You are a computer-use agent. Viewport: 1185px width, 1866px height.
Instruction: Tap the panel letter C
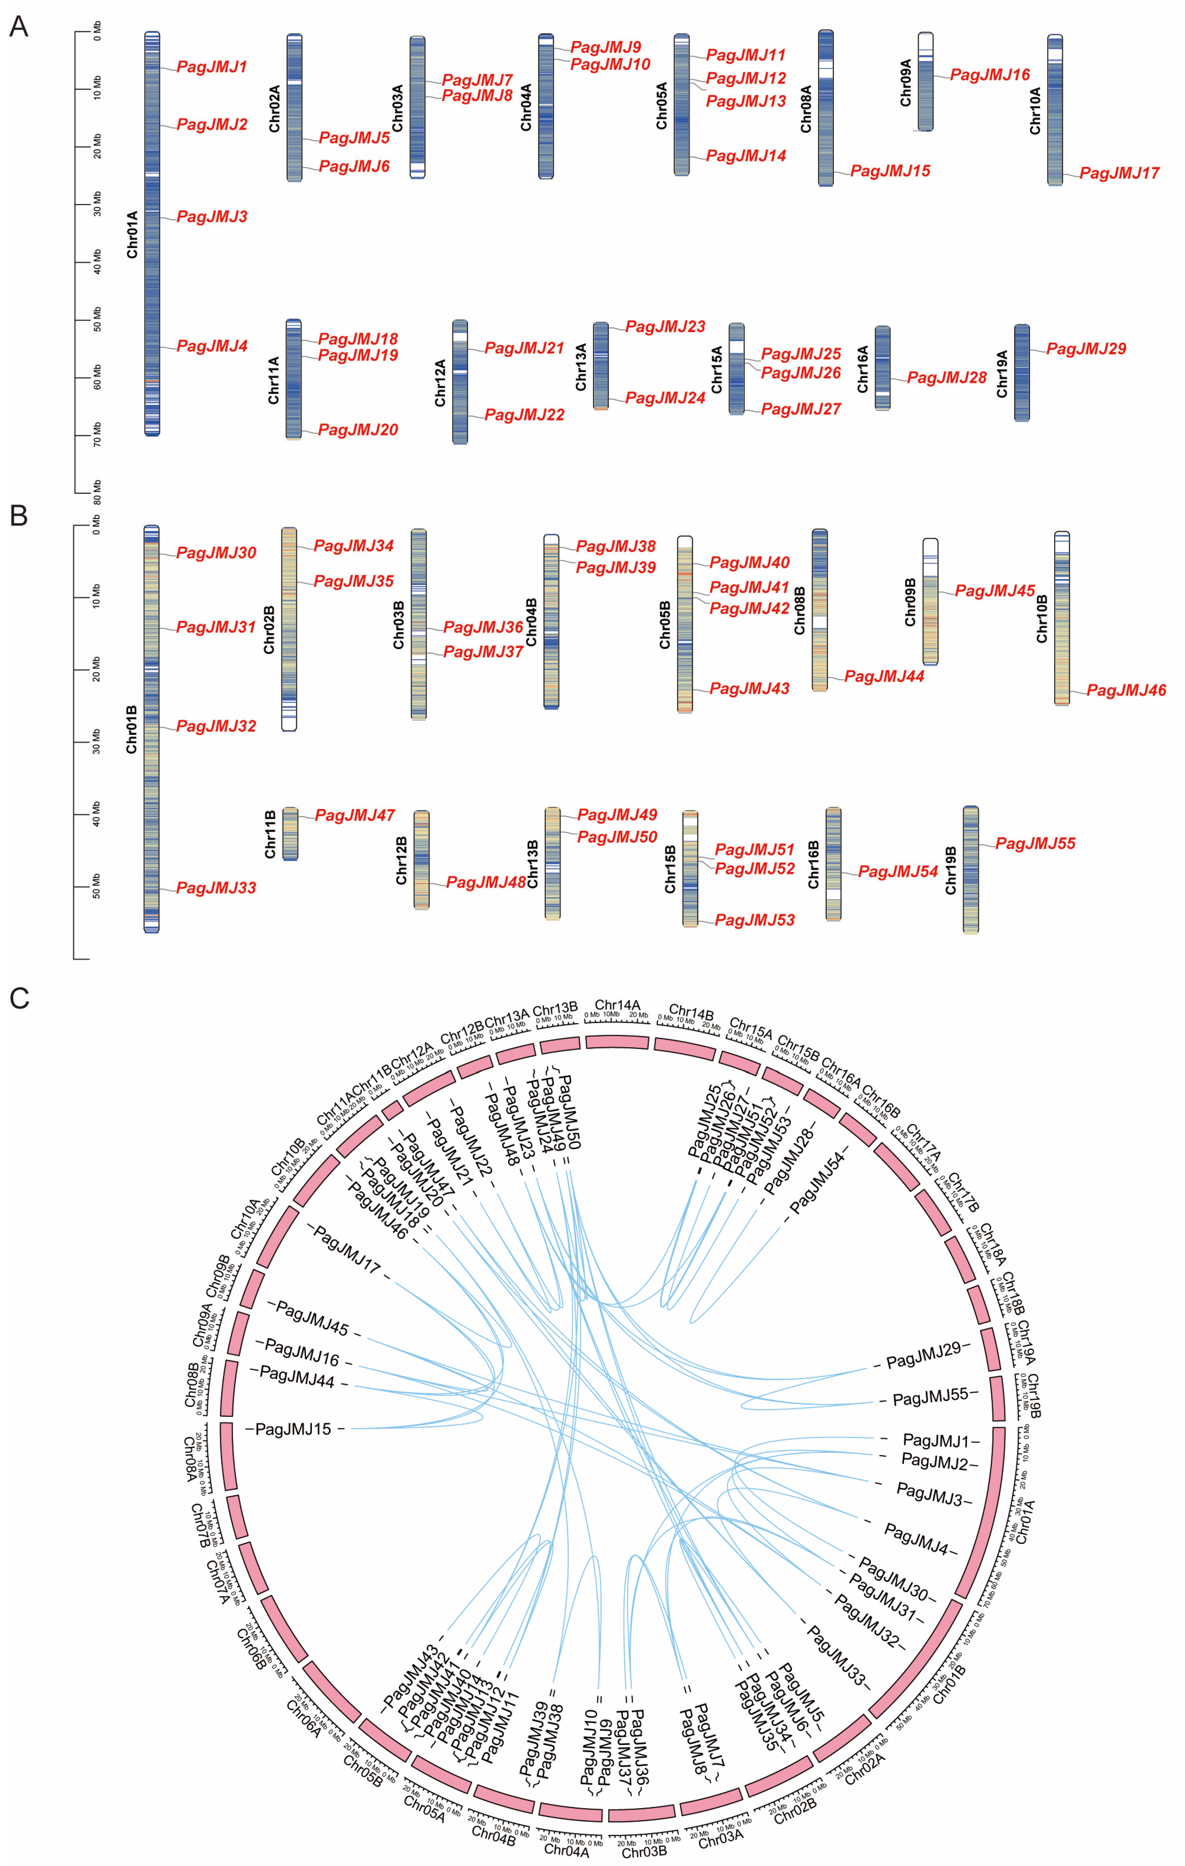tap(19, 998)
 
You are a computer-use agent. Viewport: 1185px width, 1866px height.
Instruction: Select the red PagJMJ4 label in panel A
tap(212, 346)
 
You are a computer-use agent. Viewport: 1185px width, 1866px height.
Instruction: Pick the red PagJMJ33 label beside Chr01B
tap(215, 888)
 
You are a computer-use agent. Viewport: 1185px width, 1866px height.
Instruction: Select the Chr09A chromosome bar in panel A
tap(925, 81)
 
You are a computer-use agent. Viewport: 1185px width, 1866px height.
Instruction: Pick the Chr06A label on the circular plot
tap(303, 1719)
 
